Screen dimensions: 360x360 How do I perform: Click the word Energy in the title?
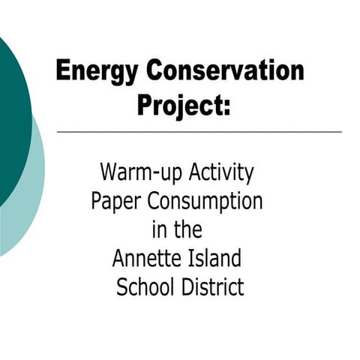pos(97,72)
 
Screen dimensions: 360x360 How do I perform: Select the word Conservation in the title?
pos(224,71)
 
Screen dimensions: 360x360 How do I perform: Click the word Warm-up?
pos(137,173)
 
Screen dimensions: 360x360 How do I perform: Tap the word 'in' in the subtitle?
pos(157,229)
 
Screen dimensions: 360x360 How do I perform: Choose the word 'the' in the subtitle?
pos(187,229)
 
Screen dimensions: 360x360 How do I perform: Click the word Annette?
pos(145,259)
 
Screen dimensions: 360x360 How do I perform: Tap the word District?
pos(211,287)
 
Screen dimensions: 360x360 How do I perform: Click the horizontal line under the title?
pos(199,132)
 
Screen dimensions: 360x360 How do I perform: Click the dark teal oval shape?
pos(11,112)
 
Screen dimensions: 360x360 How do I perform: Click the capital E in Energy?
pos(63,72)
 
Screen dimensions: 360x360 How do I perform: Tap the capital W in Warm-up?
pos(109,173)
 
